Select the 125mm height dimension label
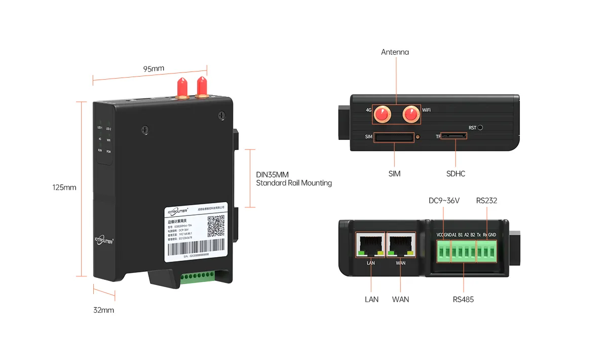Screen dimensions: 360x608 pyautogui.click(x=64, y=187)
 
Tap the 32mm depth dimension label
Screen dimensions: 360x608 pyautogui.click(x=104, y=310)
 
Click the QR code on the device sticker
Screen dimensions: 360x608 pyautogui.click(x=216, y=224)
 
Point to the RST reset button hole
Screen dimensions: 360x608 pyautogui.click(x=480, y=128)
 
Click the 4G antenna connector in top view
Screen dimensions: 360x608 pyautogui.click(x=382, y=115)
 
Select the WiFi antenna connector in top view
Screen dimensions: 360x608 pyautogui.click(x=411, y=115)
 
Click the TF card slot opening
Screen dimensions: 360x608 pyautogui.click(x=454, y=136)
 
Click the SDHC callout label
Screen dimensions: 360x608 pyautogui.click(x=455, y=174)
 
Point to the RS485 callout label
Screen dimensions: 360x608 pyautogui.click(x=463, y=300)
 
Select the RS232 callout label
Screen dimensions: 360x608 pyautogui.click(x=486, y=201)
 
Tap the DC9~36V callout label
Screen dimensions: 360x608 pyautogui.click(x=444, y=201)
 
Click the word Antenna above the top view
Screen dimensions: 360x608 pyautogui.click(x=395, y=52)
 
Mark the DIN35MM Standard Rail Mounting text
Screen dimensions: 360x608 pyautogui.click(x=294, y=179)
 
